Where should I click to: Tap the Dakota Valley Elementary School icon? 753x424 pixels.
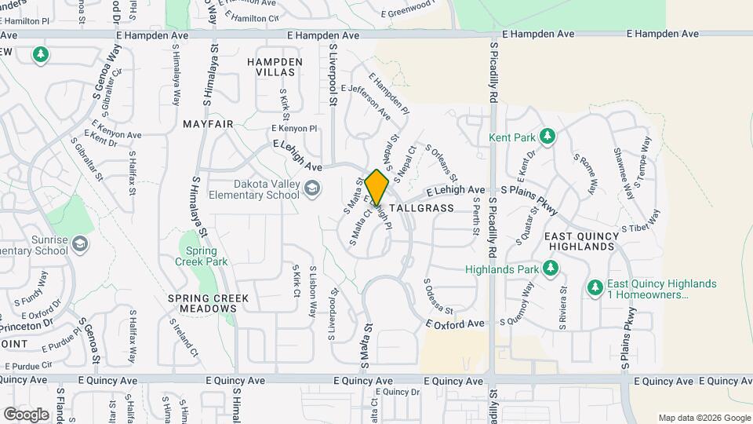313,187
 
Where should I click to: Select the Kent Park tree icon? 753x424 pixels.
547,137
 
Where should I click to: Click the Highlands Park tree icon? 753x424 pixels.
551,269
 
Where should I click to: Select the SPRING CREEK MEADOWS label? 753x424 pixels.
208,303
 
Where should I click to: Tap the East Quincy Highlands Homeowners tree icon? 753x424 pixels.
595,288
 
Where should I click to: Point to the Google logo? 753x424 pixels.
26,414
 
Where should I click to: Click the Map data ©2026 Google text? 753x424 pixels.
704,418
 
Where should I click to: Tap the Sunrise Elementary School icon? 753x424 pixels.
79,244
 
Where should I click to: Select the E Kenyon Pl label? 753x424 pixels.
295,128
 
